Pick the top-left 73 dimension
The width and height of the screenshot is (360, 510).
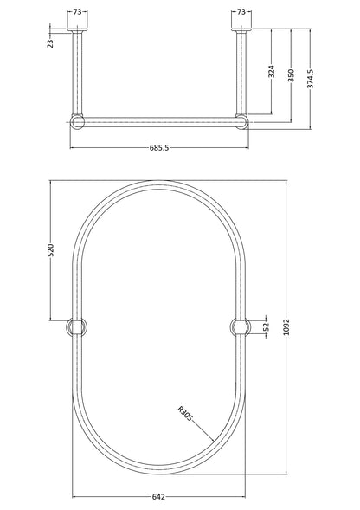[x=77, y=13]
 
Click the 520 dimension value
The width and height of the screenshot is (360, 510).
[x=51, y=252]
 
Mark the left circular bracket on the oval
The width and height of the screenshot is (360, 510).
[x=76, y=326]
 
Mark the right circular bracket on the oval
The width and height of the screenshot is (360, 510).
[x=239, y=326]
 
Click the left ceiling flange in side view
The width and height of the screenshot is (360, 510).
[x=77, y=29]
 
